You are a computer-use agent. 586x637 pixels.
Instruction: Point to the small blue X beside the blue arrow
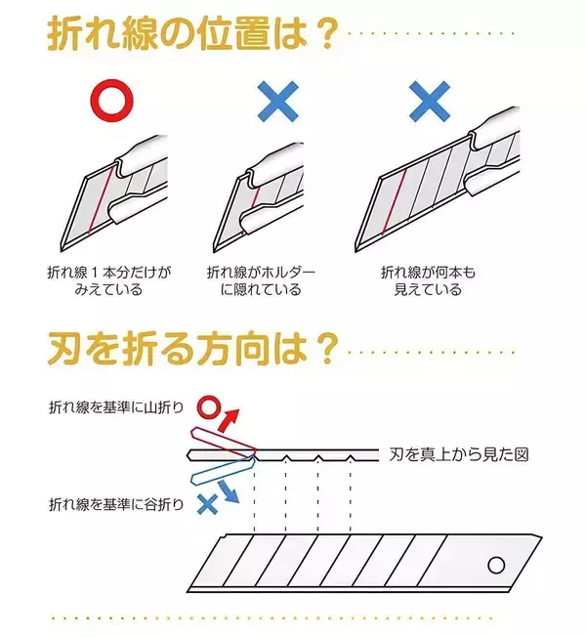206,505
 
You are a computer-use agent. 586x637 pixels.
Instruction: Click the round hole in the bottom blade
497,565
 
